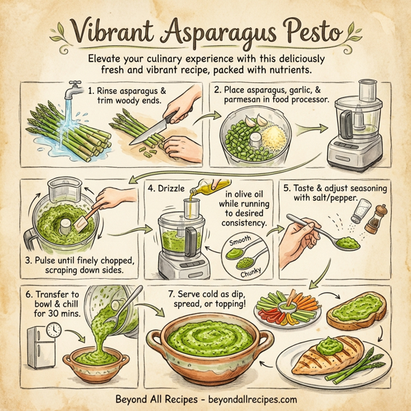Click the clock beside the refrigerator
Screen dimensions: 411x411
point(53,330)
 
